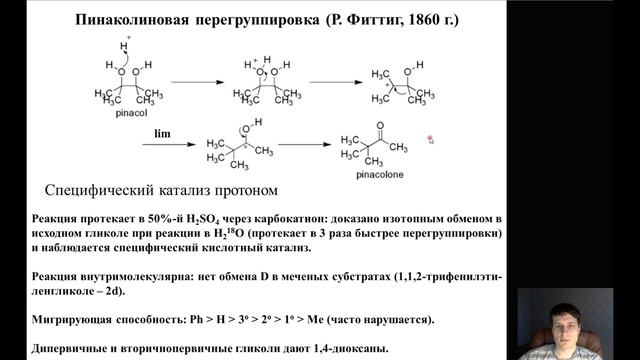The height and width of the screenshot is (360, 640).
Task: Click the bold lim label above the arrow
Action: [x=162, y=132]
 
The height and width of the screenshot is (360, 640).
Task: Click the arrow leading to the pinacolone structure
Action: [x=304, y=146]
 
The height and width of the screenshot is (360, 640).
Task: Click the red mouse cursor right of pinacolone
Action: [x=430, y=139]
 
